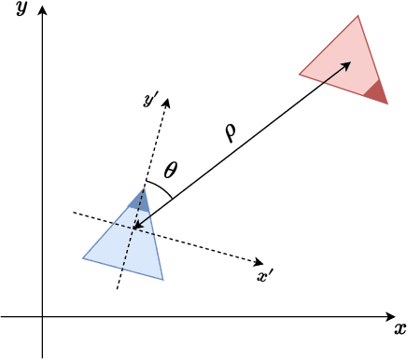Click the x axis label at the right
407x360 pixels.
point(400,328)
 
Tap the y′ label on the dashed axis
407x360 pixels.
point(150,99)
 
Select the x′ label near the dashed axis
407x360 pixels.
point(264,275)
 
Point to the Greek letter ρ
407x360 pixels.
point(230,132)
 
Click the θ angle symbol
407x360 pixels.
point(170,171)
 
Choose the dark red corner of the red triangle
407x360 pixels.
point(376,91)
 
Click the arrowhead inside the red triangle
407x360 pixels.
point(348,63)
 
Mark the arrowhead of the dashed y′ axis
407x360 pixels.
point(166,100)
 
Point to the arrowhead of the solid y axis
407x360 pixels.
point(42,9)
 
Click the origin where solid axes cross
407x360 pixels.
point(42,316)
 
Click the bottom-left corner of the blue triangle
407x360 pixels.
point(83,257)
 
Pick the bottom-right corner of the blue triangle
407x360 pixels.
point(162,279)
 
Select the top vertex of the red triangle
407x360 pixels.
point(358,15)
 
